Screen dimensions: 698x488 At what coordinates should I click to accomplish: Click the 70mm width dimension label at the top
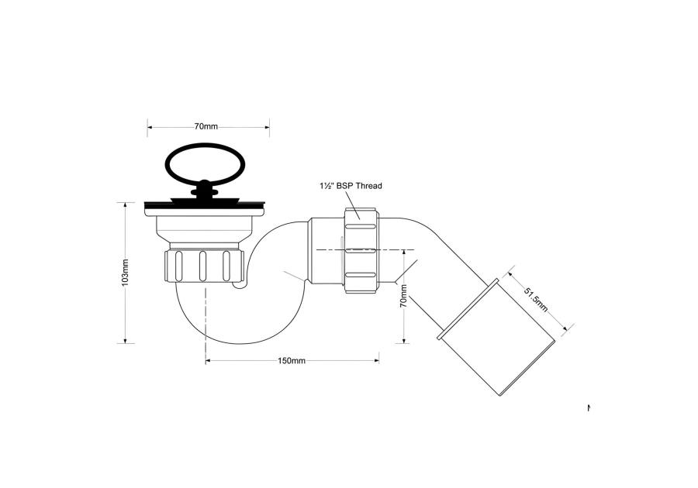pos(206,126)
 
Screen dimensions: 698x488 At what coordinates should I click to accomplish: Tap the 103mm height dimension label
pos(125,272)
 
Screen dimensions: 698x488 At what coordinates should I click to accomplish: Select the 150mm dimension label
pos(292,360)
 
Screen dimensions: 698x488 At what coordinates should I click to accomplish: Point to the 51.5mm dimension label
pos(535,300)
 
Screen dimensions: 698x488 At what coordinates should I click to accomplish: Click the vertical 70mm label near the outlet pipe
pos(403,297)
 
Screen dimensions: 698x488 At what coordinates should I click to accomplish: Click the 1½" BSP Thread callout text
pos(351,186)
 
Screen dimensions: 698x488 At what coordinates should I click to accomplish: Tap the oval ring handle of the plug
pos(205,163)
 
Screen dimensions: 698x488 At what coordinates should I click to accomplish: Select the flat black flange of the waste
pos(205,206)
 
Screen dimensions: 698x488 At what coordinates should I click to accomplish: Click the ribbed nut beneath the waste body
pos(204,266)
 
